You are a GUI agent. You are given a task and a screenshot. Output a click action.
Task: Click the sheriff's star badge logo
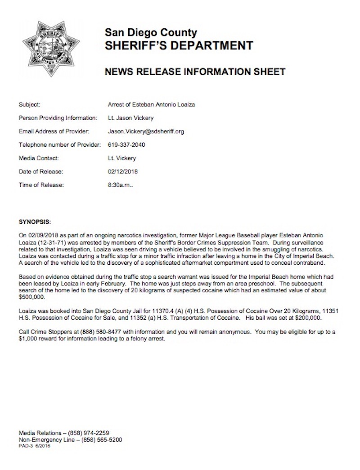click(x=51, y=48)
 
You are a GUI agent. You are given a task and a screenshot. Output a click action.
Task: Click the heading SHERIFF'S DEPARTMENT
click(x=179, y=45)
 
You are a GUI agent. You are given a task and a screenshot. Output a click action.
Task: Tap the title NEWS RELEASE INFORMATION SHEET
click(x=195, y=72)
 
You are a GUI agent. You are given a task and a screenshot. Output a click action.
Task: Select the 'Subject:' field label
click(x=30, y=105)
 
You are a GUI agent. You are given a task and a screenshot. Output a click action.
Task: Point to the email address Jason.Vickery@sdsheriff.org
click(x=146, y=131)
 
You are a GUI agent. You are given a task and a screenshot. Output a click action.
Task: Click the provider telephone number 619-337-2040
click(x=126, y=145)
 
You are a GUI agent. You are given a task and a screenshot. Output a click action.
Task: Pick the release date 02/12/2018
click(x=123, y=172)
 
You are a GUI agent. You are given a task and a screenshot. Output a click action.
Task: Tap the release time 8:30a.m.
click(x=120, y=185)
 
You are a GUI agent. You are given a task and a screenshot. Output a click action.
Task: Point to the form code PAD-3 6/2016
click(x=35, y=446)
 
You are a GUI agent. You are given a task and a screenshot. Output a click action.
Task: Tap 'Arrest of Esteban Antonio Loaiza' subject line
click(x=151, y=105)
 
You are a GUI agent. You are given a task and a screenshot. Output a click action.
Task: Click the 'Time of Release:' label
click(x=41, y=185)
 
